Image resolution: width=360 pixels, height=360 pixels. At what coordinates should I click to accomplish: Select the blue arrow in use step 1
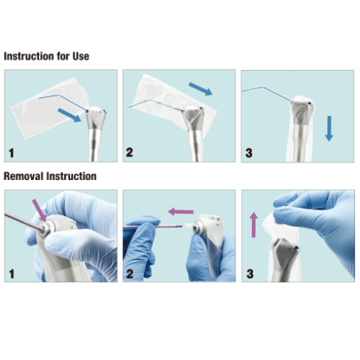69,115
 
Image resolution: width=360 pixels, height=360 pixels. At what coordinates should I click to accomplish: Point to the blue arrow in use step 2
201,89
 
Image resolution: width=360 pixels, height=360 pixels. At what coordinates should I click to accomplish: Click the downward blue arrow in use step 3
329,128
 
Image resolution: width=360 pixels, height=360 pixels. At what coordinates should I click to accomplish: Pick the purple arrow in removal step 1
40,210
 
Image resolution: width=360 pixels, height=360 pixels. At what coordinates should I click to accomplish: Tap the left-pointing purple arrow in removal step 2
181,212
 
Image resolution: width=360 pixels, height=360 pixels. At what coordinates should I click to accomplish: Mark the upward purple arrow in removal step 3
253,225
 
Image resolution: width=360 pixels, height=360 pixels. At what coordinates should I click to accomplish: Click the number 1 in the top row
12,153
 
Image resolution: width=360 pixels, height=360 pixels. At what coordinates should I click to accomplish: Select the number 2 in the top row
130,153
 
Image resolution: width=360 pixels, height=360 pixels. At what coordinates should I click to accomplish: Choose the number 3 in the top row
249,153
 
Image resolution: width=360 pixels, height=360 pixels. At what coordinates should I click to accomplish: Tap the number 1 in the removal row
12,274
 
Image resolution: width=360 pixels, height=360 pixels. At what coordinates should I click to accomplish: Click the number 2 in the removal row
130,274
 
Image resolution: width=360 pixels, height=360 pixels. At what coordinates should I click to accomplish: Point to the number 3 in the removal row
250,274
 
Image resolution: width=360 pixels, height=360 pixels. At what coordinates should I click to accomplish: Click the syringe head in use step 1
96,118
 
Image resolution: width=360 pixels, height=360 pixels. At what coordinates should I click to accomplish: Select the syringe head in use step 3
302,111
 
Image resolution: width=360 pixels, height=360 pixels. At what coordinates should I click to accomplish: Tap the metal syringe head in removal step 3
285,255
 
